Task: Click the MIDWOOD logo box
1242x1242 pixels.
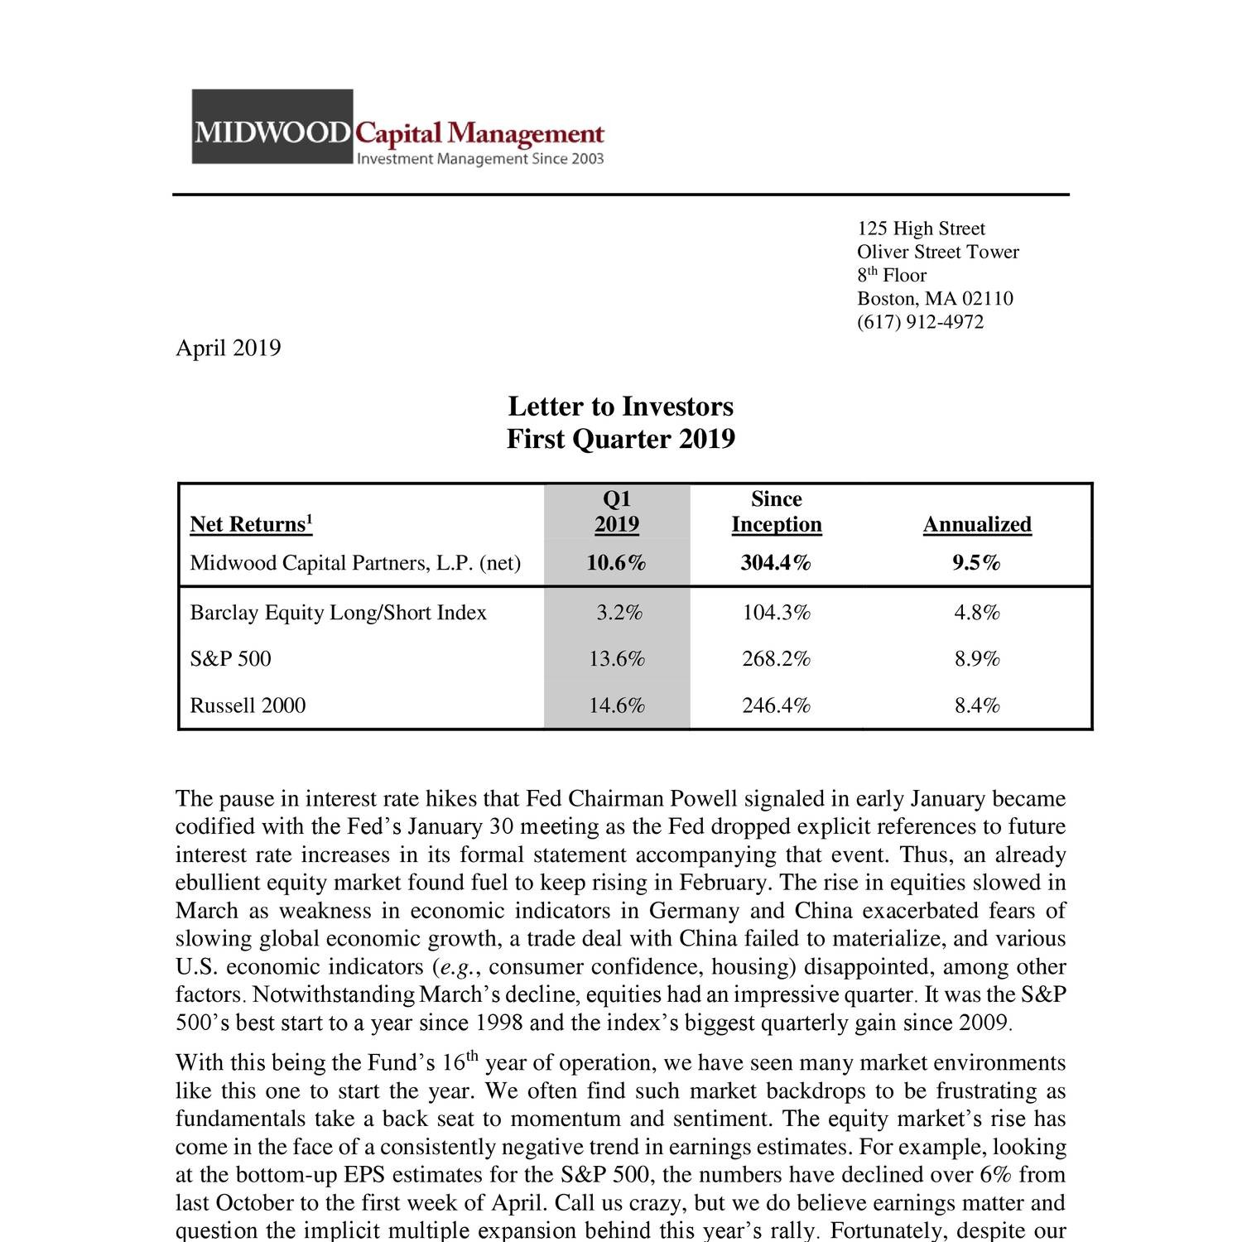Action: click(x=272, y=128)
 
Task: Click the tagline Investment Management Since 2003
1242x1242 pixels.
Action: click(x=479, y=159)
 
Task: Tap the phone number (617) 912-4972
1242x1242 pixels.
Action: click(x=920, y=322)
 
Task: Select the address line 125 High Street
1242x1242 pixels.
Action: click(x=921, y=229)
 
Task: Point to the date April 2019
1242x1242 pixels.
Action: click(x=228, y=348)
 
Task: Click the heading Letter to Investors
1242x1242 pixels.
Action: click(x=620, y=407)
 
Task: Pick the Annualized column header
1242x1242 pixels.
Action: click(x=977, y=525)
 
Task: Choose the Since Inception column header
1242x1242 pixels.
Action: click(x=776, y=512)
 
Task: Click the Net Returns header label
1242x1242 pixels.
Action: click(x=251, y=525)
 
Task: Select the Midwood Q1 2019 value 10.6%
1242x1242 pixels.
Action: click(x=616, y=563)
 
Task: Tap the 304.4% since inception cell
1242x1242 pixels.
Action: click(x=776, y=563)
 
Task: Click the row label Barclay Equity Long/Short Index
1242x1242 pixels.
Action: click(x=338, y=613)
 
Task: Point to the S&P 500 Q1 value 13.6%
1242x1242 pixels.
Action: click(x=616, y=659)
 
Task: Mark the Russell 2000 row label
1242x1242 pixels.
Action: click(x=248, y=705)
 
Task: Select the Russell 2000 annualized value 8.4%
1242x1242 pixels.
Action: click(x=977, y=705)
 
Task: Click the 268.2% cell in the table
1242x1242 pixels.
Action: click(x=776, y=659)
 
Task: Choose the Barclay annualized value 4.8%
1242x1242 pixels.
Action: click(x=977, y=613)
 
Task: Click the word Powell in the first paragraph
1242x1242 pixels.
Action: click(x=703, y=799)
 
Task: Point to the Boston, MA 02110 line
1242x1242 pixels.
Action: click(x=935, y=299)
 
